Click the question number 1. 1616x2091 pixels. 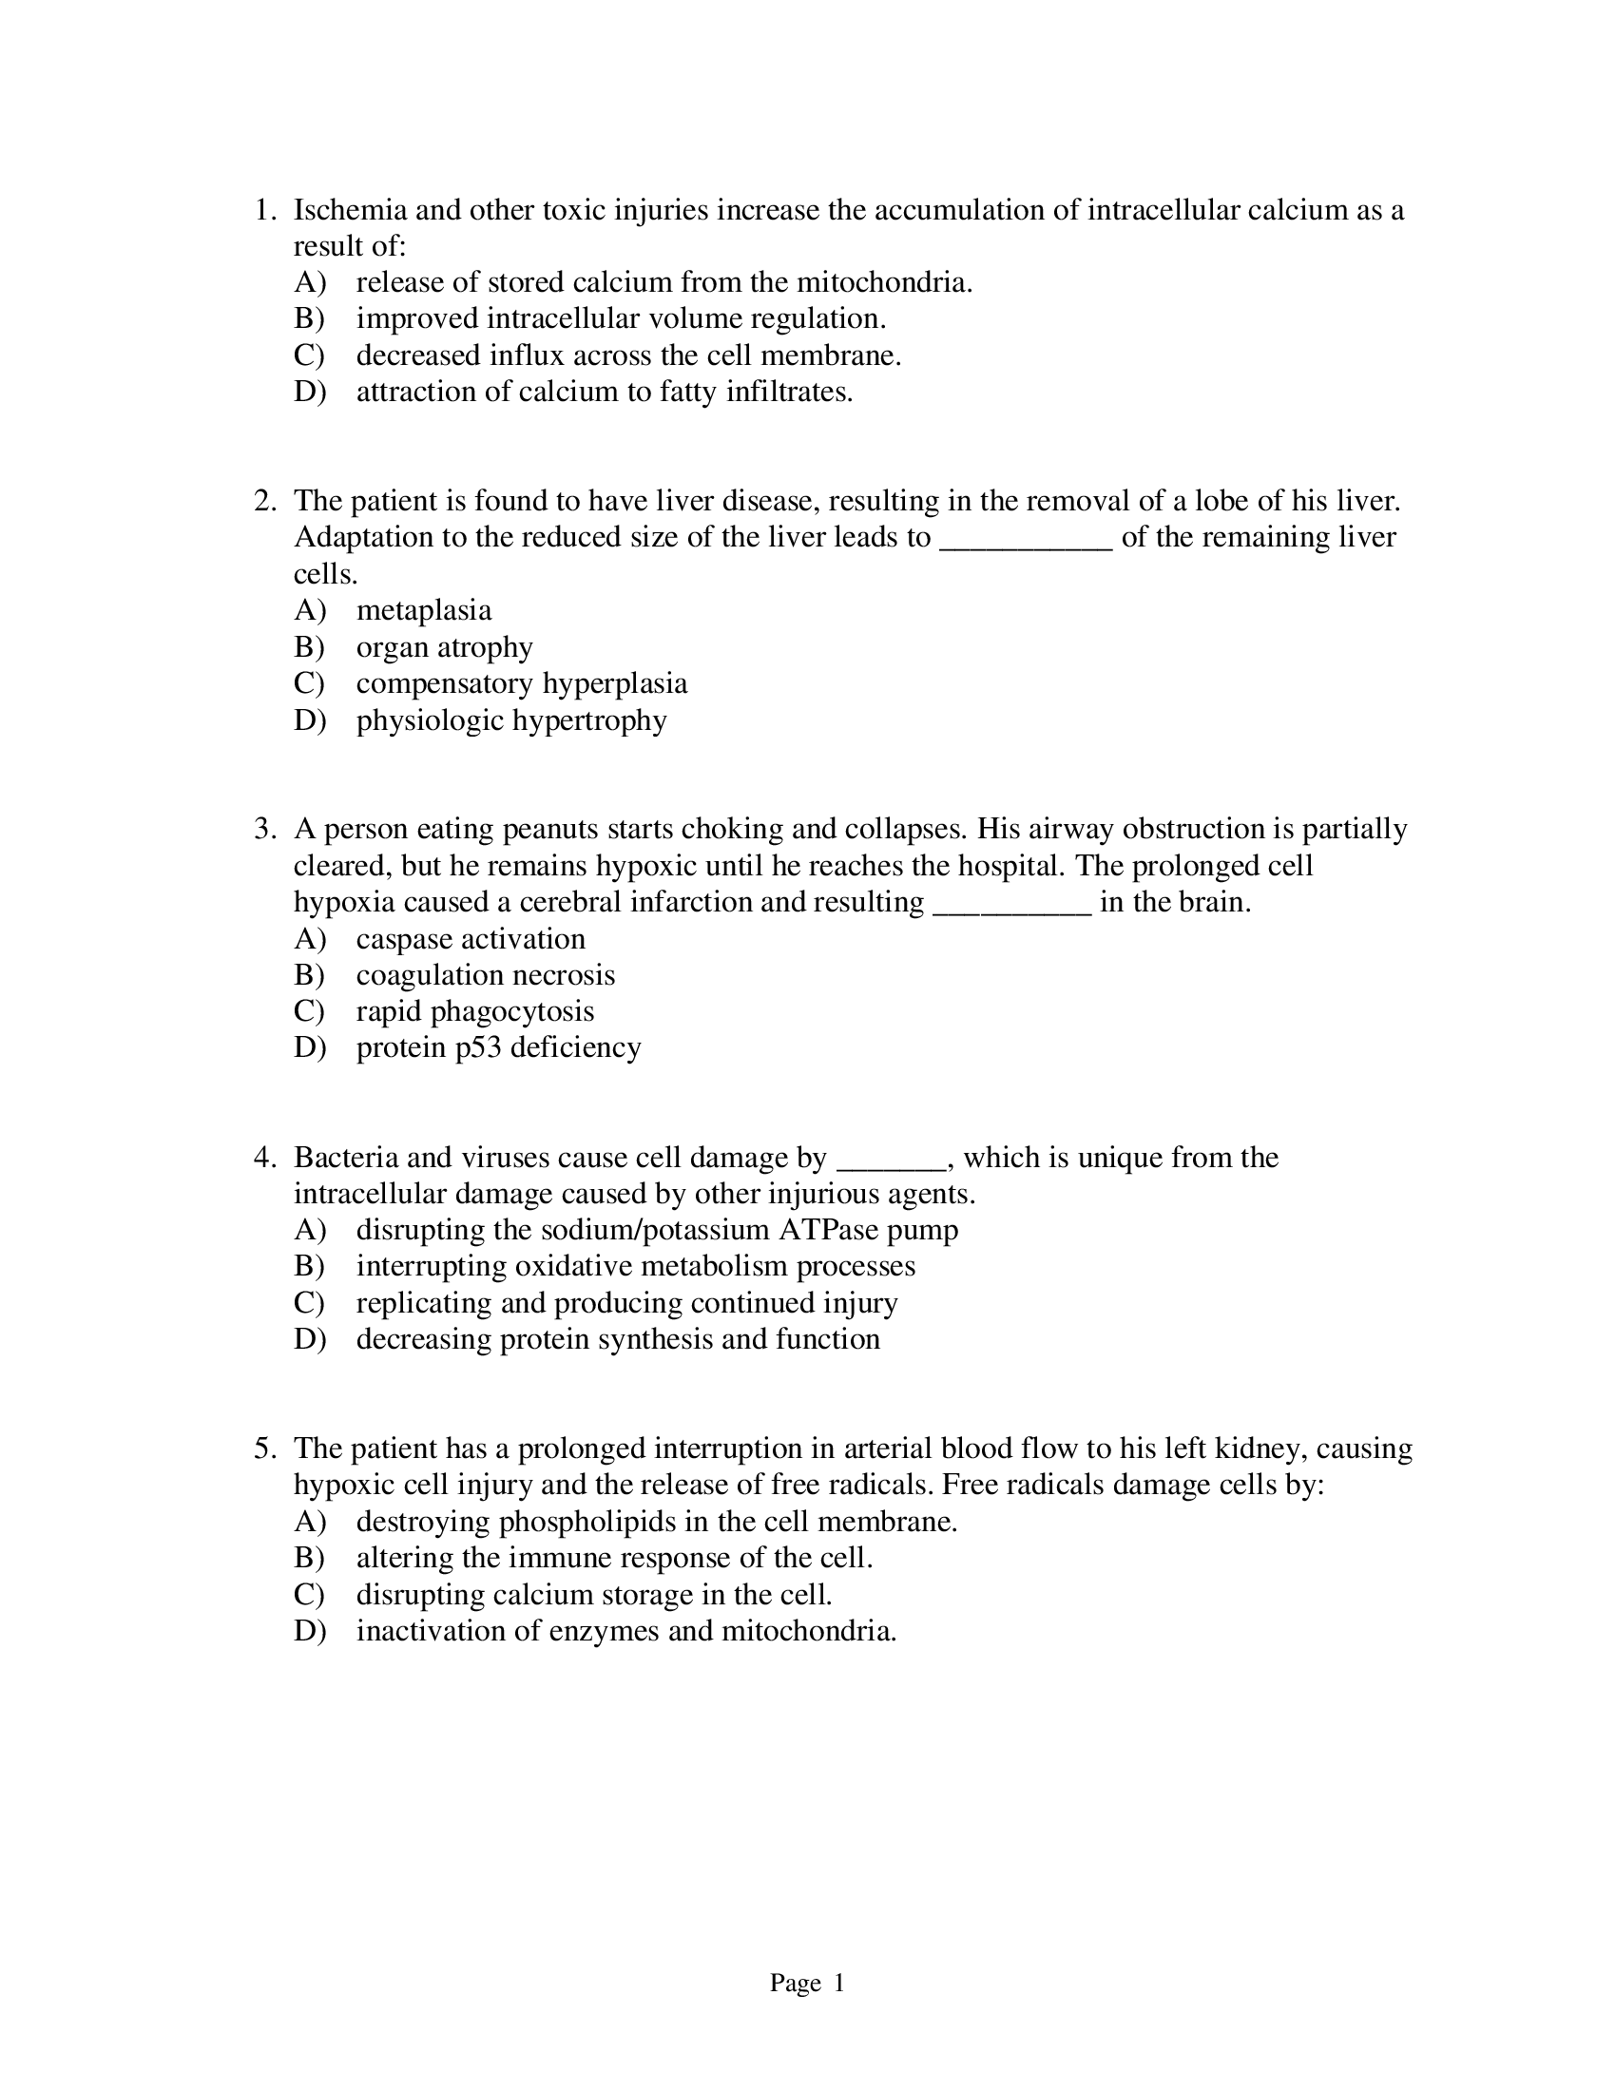tap(264, 210)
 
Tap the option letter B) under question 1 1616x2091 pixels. tap(309, 318)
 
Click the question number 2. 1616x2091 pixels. tap(264, 501)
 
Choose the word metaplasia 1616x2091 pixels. tap(424, 610)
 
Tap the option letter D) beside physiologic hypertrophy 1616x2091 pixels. tap(309, 720)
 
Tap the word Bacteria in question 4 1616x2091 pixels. tap(346, 1158)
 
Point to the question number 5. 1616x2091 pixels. tap(264, 1448)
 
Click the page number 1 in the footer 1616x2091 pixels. tap(838, 1984)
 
